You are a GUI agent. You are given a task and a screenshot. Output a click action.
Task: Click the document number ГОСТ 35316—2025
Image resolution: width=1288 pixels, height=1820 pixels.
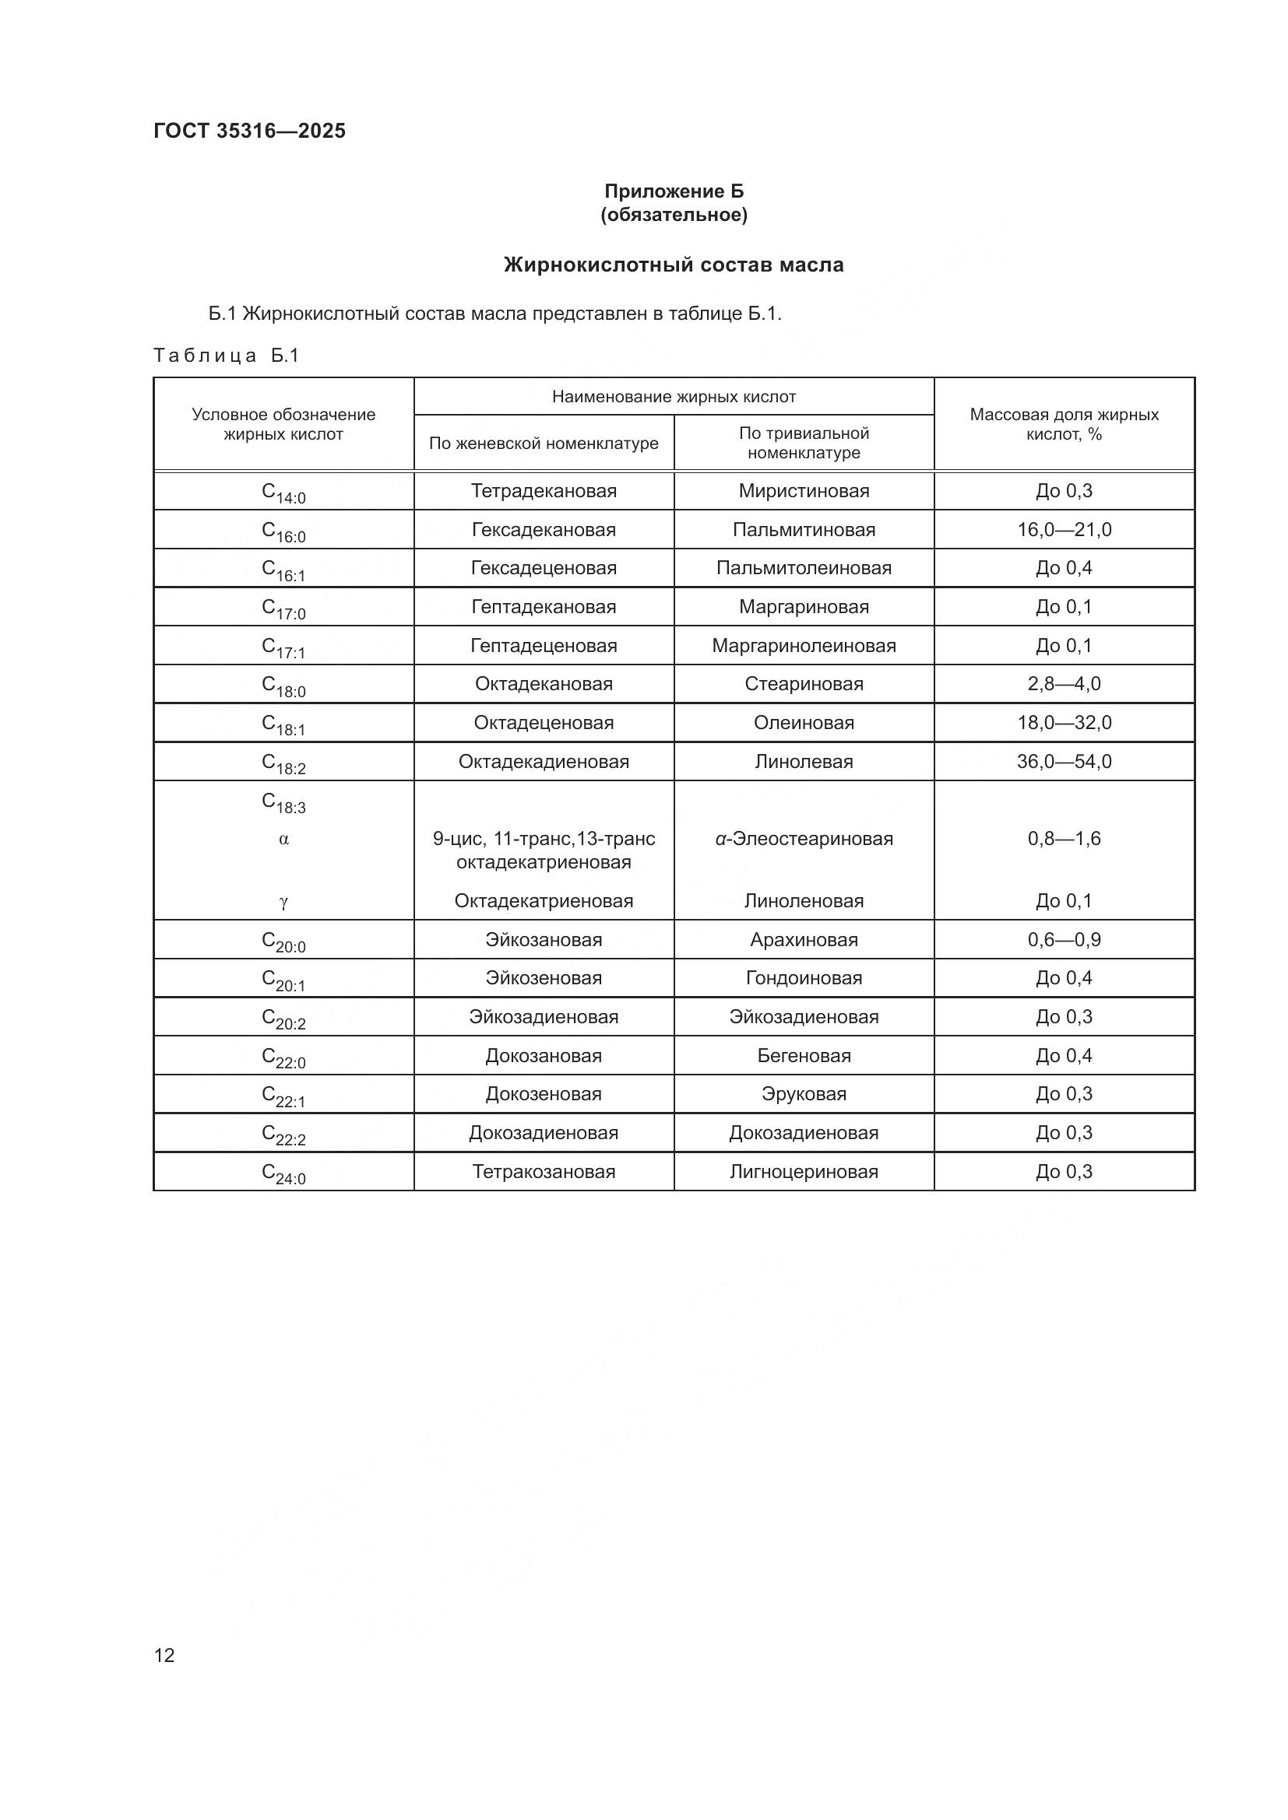[250, 131]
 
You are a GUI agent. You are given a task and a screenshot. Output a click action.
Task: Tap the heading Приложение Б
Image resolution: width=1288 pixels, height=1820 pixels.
[674, 191]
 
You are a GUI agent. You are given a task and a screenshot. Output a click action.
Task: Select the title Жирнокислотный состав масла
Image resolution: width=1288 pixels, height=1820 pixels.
[674, 265]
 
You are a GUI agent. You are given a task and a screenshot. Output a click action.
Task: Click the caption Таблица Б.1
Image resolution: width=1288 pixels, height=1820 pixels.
[226, 356]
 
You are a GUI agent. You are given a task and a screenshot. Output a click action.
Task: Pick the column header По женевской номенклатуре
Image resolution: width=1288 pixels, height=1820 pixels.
[544, 443]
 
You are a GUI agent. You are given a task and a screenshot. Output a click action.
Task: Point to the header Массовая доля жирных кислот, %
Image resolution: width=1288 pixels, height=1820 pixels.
[1064, 424]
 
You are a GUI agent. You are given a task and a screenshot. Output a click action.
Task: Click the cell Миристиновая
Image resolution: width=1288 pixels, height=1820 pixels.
[804, 491]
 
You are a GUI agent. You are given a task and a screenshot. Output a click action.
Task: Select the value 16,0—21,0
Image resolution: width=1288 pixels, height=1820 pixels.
[1064, 530]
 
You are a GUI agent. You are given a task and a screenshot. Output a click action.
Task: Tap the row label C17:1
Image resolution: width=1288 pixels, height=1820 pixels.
[283, 647]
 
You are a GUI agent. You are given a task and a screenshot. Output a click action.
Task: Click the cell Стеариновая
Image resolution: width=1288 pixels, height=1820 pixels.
[804, 684]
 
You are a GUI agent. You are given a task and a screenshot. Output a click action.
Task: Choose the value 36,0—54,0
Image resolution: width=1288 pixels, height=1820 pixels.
[1064, 762]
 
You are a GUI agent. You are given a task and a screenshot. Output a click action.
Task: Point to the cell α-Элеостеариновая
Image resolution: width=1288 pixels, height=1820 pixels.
[804, 839]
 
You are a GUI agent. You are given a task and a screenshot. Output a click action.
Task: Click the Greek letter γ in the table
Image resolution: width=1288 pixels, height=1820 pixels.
[283, 901]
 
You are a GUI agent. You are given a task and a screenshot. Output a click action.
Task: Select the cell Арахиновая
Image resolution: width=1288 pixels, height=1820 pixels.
[804, 940]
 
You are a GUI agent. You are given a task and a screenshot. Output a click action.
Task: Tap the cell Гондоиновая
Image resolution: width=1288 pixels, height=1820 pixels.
[804, 978]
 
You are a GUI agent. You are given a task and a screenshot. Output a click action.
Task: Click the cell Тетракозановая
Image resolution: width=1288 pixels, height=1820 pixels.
[544, 1172]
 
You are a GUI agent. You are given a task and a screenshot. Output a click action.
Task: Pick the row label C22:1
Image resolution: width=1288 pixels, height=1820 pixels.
[283, 1096]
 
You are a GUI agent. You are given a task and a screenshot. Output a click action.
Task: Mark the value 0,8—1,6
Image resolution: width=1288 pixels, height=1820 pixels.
[1064, 839]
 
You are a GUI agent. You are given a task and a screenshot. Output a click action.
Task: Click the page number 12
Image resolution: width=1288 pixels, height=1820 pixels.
[164, 1655]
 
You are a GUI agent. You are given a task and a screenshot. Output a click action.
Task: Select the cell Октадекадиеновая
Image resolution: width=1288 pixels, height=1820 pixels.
[544, 762]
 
